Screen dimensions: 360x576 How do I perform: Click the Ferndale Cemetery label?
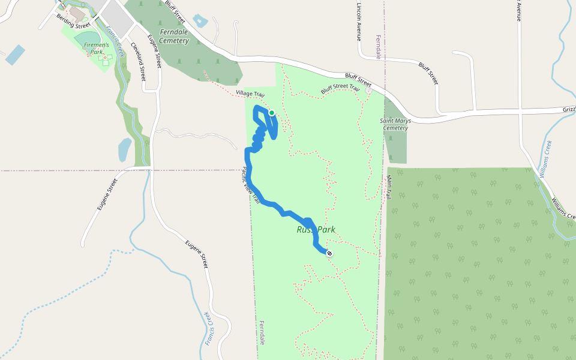174,36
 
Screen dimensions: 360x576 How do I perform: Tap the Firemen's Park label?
97,48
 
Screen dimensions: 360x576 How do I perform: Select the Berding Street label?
74,22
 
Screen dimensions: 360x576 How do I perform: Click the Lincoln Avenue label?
358,20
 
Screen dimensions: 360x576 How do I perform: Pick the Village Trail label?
250,94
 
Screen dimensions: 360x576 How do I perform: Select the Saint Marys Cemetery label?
395,124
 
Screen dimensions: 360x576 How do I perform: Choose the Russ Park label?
316,230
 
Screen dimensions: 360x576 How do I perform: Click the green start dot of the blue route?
271,113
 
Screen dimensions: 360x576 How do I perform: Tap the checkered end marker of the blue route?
329,253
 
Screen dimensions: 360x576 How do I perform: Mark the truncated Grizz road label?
568,110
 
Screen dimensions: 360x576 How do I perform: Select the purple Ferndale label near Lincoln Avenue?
379,46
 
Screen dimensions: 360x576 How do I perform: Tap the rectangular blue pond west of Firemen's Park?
15,55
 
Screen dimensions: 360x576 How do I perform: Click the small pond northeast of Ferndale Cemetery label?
200,22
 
